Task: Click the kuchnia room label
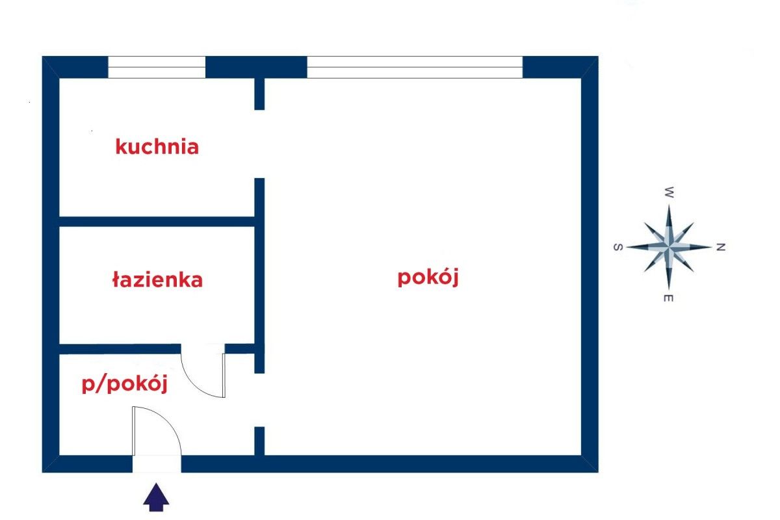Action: (157, 146)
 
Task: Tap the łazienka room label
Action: (157, 280)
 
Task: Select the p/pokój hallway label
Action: (125, 385)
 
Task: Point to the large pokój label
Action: (428, 278)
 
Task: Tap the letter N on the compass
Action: (720, 247)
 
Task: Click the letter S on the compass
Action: (618, 247)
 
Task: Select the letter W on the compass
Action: (669, 192)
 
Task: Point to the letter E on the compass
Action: (669, 298)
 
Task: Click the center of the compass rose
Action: (669, 247)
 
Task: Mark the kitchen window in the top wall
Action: (157, 67)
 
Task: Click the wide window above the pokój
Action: (415, 67)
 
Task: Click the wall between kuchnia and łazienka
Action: (157, 221)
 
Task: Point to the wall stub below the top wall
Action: (259, 94)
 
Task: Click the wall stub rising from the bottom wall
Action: (259, 441)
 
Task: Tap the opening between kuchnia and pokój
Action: (259, 144)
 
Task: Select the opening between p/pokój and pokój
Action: (259, 400)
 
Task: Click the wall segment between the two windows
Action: (256, 67)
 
